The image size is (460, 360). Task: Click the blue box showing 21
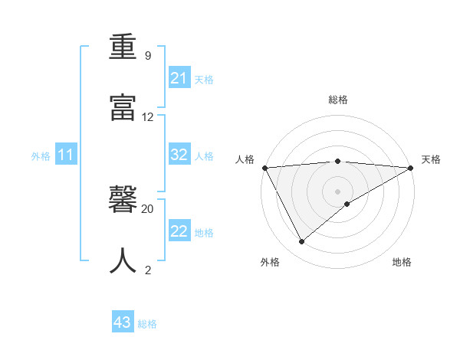click(x=179, y=78)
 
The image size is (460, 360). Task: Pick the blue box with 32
click(x=179, y=155)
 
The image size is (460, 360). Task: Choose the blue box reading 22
click(x=179, y=231)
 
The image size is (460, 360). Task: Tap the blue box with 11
click(x=66, y=155)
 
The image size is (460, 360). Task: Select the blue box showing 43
click(x=123, y=322)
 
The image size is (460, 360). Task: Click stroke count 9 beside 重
click(x=148, y=56)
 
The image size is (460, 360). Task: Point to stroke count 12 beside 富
click(x=148, y=117)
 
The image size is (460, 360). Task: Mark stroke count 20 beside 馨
click(x=148, y=208)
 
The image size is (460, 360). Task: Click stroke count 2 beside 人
click(x=148, y=270)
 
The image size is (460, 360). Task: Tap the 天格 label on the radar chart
click(x=431, y=159)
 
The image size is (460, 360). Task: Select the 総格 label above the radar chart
click(x=338, y=100)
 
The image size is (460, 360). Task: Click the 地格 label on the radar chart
click(x=402, y=262)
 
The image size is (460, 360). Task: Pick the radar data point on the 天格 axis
click(x=411, y=168)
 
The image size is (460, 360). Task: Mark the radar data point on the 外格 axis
click(x=302, y=242)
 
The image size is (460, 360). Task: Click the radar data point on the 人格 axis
click(x=264, y=168)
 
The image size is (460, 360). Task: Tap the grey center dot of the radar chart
click(x=337, y=191)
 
